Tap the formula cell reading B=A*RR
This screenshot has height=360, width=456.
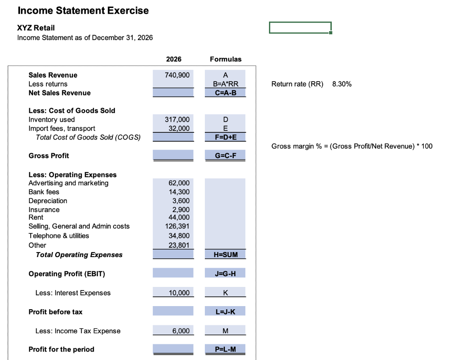pyautogui.click(x=225, y=84)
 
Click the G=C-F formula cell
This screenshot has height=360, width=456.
pyautogui.click(x=225, y=155)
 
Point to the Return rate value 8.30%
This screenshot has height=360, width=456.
pyautogui.click(x=342, y=84)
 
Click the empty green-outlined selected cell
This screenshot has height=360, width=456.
pyautogui.click(x=300, y=28)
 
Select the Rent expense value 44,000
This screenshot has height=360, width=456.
pyautogui.click(x=180, y=217)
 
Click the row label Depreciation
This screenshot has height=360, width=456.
pyautogui.click(x=48, y=201)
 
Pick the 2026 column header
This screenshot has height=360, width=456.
pyautogui.click(x=173, y=59)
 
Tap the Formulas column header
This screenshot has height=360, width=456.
pyautogui.click(x=225, y=59)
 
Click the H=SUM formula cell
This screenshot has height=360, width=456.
pyautogui.click(x=225, y=254)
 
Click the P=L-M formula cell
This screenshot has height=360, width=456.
pyautogui.click(x=225, y=349)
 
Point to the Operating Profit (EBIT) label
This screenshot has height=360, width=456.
pyautogui.click(x=67, y=274)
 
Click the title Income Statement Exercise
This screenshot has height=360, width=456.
pyautogui.click(x=83, y=10)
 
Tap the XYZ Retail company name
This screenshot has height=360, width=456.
pyautogui.click(x=36, y=28)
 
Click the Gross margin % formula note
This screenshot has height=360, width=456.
pyautogui.click(x=352, y=146)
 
